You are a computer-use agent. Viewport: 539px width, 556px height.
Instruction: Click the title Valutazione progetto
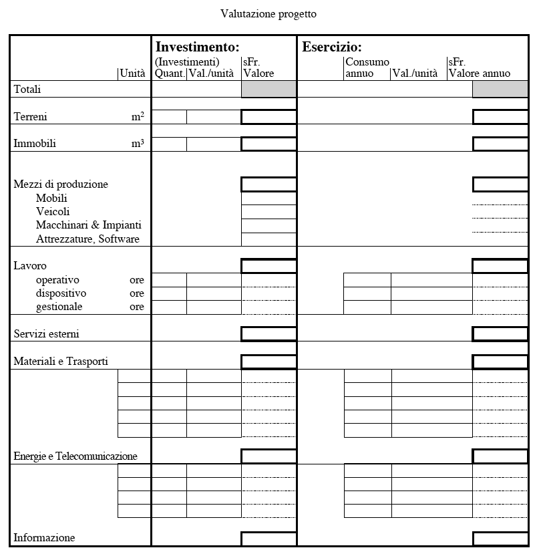[268, 13]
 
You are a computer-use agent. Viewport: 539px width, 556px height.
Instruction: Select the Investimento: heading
[197, 47]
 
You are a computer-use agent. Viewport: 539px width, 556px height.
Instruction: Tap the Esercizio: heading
[332, 47]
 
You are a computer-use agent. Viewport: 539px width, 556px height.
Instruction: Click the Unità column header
[132, 74]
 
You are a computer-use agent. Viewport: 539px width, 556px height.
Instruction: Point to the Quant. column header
[170, 74]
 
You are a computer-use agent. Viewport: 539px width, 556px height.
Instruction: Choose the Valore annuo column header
[480, 74]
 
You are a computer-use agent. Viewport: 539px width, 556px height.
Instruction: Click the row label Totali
[27, 89]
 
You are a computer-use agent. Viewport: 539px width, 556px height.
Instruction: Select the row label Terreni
[31, 117]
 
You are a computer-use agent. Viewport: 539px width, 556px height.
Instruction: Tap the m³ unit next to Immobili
[138, 143]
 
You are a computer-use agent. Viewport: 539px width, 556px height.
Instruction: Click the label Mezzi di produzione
[61, 184]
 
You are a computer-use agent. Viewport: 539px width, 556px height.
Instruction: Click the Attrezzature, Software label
[87, 239]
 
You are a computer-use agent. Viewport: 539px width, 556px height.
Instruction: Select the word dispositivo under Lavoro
[61, 293]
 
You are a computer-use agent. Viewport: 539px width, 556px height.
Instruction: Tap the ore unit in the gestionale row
[137, 307]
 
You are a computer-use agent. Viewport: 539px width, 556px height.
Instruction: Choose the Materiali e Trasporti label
[61, 362]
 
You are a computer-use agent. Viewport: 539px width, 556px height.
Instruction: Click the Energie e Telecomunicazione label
[75, 456]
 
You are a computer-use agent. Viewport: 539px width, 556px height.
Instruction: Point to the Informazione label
[44, 538]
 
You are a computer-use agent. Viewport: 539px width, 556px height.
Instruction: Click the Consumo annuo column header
[367, 67]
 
